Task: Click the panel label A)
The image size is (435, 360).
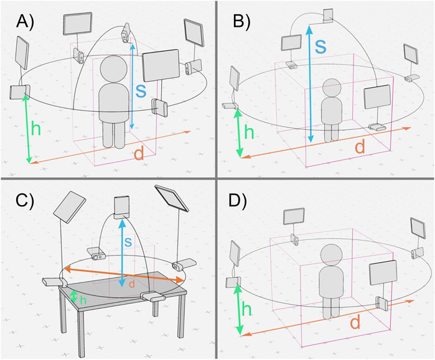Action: (x=26, y=22)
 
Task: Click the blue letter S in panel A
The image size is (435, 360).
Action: (x=141, y=91)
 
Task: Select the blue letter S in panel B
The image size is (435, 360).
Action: (x=320, y=47)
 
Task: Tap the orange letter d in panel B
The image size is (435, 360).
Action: (x=360, y=146)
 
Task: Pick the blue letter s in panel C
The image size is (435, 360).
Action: (x=128, y=242)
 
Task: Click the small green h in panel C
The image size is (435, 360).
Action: (x=83, y=300)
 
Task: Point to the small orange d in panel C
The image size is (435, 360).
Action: (x=132, y=284)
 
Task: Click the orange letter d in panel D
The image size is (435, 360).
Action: (x=355, y=322)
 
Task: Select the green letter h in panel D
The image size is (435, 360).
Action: (x=246, y=308)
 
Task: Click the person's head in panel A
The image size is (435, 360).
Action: (x=114, y=69)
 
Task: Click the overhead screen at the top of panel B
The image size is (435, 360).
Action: (x=328, y=16)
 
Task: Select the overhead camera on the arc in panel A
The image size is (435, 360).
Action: (x=125, y=33)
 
